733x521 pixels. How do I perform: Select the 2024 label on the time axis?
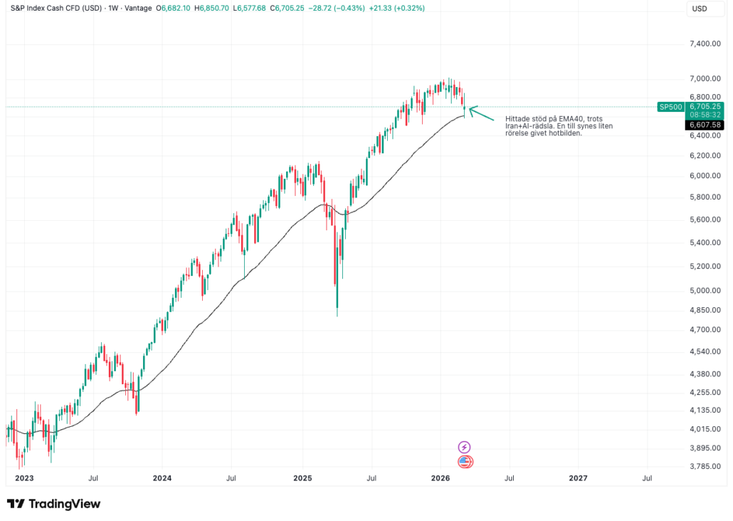coord(162,478)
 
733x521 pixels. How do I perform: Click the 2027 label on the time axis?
coord(579,478)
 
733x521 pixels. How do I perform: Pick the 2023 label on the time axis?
coord(23,478)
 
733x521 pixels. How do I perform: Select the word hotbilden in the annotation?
coord(566,133)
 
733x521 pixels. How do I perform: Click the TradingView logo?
coord(54,504)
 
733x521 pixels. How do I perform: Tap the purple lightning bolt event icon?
coord(464,447)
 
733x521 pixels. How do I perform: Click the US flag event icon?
coord(465,462)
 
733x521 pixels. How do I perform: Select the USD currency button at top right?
coord(700,9)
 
